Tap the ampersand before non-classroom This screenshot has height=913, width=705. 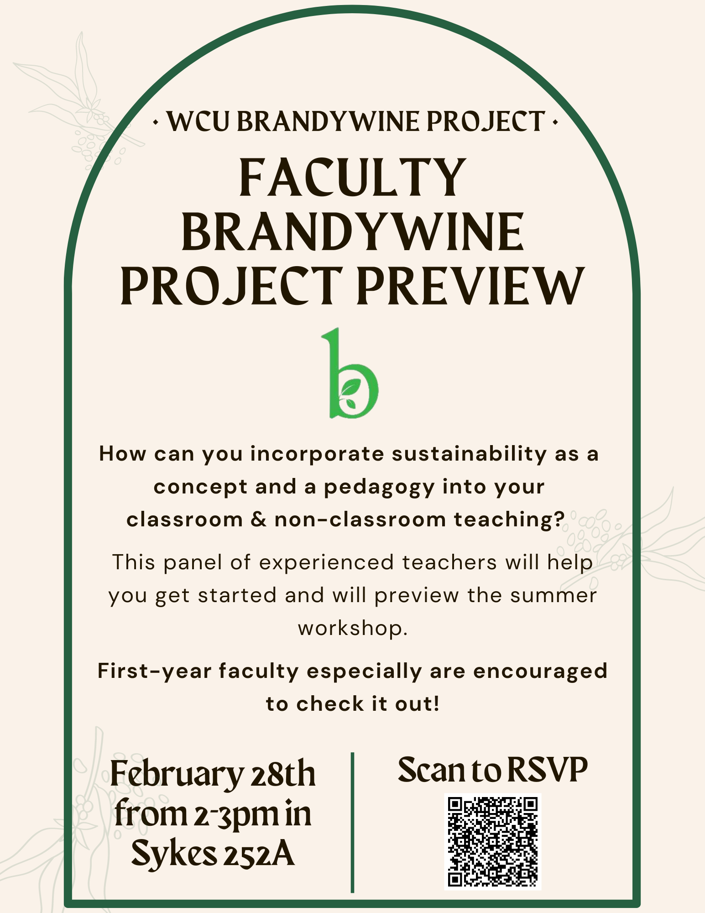coord(258,520)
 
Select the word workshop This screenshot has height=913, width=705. coord(352,629)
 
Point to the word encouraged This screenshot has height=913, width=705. coord(540,672)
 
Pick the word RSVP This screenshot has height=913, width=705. coord(547,770)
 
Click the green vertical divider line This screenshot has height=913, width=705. coord(352,822)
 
